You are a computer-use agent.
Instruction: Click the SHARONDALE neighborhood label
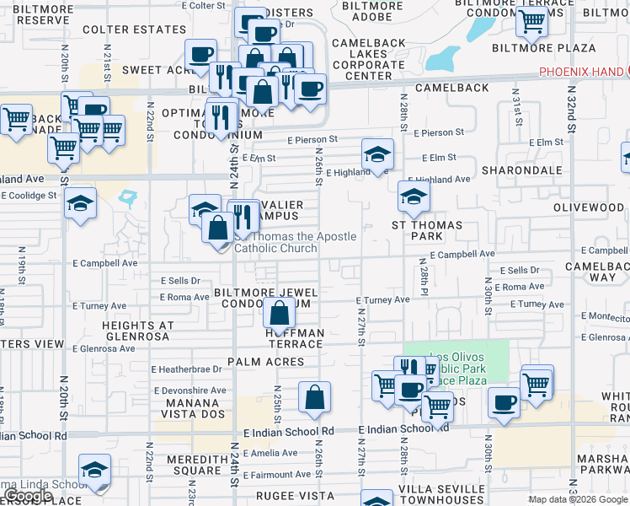pos(522,170)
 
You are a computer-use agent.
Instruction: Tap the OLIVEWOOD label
pos(589,207)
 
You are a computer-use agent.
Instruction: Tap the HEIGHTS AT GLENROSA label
pos(137,331)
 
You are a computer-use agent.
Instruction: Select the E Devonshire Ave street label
pos(190,390)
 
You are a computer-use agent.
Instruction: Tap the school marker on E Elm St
pos(377,154)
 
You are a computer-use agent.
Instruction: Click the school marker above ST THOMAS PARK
pos(413,198)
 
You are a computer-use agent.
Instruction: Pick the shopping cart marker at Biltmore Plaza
pos(531,24)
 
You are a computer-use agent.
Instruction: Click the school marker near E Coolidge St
pos(81,203)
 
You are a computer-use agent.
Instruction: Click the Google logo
pos(28,497)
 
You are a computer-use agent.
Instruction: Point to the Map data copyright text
pos(578,499)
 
